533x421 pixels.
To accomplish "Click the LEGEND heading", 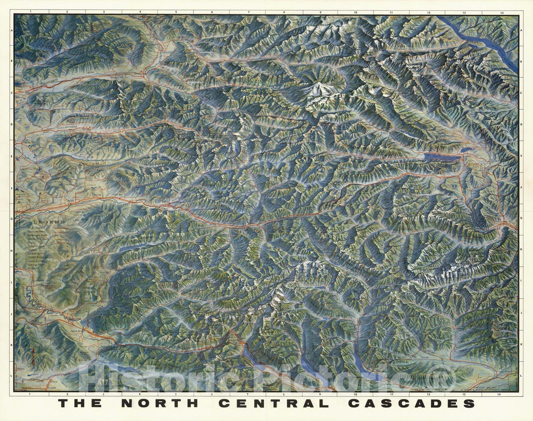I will point(49,222).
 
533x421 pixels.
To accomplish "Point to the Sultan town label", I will point(71,199).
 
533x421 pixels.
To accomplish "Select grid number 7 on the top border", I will point(248,12).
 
